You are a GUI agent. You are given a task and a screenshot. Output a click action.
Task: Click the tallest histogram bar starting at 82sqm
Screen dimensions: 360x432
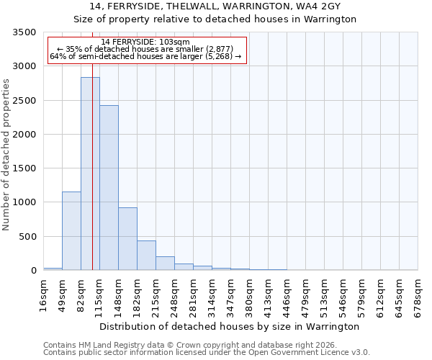90,174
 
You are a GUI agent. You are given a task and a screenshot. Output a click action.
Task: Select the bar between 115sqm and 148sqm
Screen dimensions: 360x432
109,187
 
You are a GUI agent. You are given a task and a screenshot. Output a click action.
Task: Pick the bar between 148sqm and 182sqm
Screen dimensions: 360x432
127,238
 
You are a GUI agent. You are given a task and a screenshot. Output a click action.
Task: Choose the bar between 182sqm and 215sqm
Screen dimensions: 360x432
146,255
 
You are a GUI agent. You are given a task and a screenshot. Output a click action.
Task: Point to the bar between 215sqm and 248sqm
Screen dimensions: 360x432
165,263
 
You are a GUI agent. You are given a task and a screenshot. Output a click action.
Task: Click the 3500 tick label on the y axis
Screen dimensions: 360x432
24,32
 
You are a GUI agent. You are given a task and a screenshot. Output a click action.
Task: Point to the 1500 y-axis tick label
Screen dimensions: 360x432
24,168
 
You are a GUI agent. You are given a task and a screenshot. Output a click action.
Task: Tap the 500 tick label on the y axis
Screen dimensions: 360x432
27,237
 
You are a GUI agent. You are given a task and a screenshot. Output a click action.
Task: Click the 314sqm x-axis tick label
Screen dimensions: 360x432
212,295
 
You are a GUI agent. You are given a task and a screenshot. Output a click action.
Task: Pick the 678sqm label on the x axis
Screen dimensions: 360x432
418,295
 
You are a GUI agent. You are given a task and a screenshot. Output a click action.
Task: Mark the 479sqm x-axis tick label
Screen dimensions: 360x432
305,295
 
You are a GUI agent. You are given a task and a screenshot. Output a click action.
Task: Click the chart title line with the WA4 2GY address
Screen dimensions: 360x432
215,6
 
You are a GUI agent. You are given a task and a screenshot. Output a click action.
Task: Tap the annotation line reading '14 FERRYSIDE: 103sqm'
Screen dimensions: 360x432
145,42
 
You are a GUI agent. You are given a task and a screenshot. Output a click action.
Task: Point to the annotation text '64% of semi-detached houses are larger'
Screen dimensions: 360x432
145,56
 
